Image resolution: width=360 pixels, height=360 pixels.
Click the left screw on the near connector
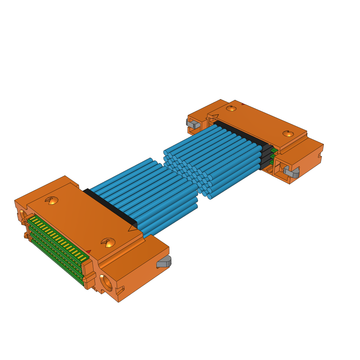(52, 201)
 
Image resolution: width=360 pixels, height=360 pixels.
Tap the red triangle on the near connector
(89, 252)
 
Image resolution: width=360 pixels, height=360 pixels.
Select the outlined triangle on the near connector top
(133, 229)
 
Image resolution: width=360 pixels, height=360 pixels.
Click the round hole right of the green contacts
(106, 282)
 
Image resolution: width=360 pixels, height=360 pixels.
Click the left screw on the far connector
(231, 108)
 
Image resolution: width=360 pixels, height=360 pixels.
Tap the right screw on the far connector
(288, 133)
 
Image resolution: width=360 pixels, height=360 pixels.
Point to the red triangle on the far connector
(243, 104)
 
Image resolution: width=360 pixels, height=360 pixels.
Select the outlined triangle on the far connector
(214, 117)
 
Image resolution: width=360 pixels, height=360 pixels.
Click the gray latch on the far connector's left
(192, 124)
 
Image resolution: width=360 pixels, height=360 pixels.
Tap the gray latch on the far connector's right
(291, 172)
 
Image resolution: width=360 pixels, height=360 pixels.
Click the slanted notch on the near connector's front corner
(120, 290)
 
